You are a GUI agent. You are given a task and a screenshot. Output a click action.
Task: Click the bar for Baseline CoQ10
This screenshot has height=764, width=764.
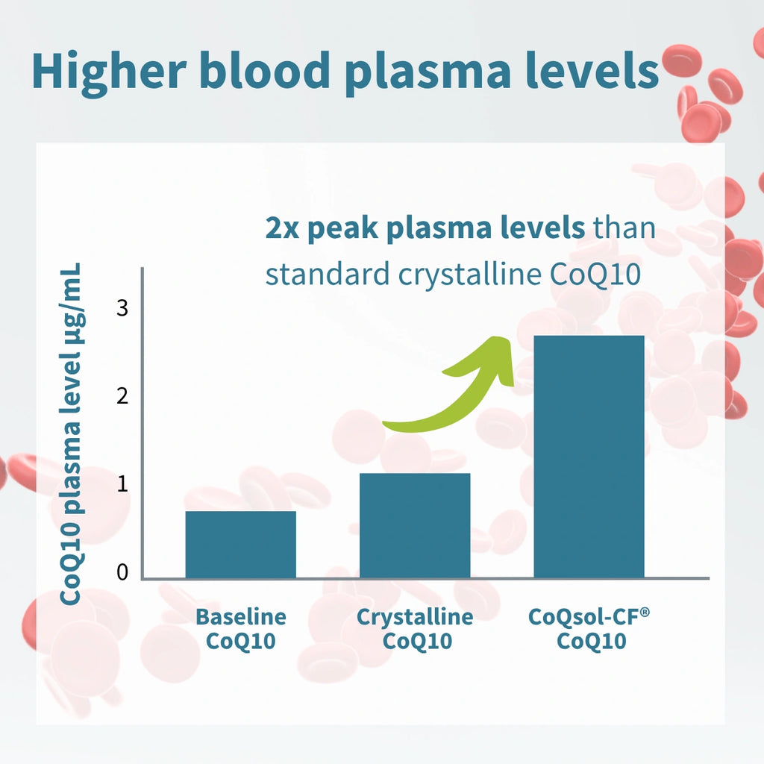coord(240,544)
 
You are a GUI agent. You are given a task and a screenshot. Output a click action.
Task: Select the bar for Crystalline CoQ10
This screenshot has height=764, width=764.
coord(415,525)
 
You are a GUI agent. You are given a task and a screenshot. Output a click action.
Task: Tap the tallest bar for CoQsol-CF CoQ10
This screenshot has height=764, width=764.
coord(589,457)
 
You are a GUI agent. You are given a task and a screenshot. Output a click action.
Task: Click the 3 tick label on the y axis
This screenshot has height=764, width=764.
coord(122,307)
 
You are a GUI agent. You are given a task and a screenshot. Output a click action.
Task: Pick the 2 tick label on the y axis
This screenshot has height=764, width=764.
coord(122,395)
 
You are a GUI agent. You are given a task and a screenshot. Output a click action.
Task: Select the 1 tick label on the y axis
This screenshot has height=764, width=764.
coord(122,484)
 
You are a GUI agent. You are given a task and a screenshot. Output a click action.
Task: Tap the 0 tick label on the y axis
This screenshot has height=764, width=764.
coord(122,572)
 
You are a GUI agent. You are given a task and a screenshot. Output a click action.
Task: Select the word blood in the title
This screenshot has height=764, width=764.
coord(267,71)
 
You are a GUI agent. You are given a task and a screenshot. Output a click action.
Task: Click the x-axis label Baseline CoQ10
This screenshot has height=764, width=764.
coord(240,629)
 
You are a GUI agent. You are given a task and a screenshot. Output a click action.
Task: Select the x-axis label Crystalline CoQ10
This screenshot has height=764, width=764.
coord(415,629)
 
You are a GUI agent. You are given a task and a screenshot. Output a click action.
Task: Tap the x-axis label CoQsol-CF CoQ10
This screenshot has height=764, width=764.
coord(589,629)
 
